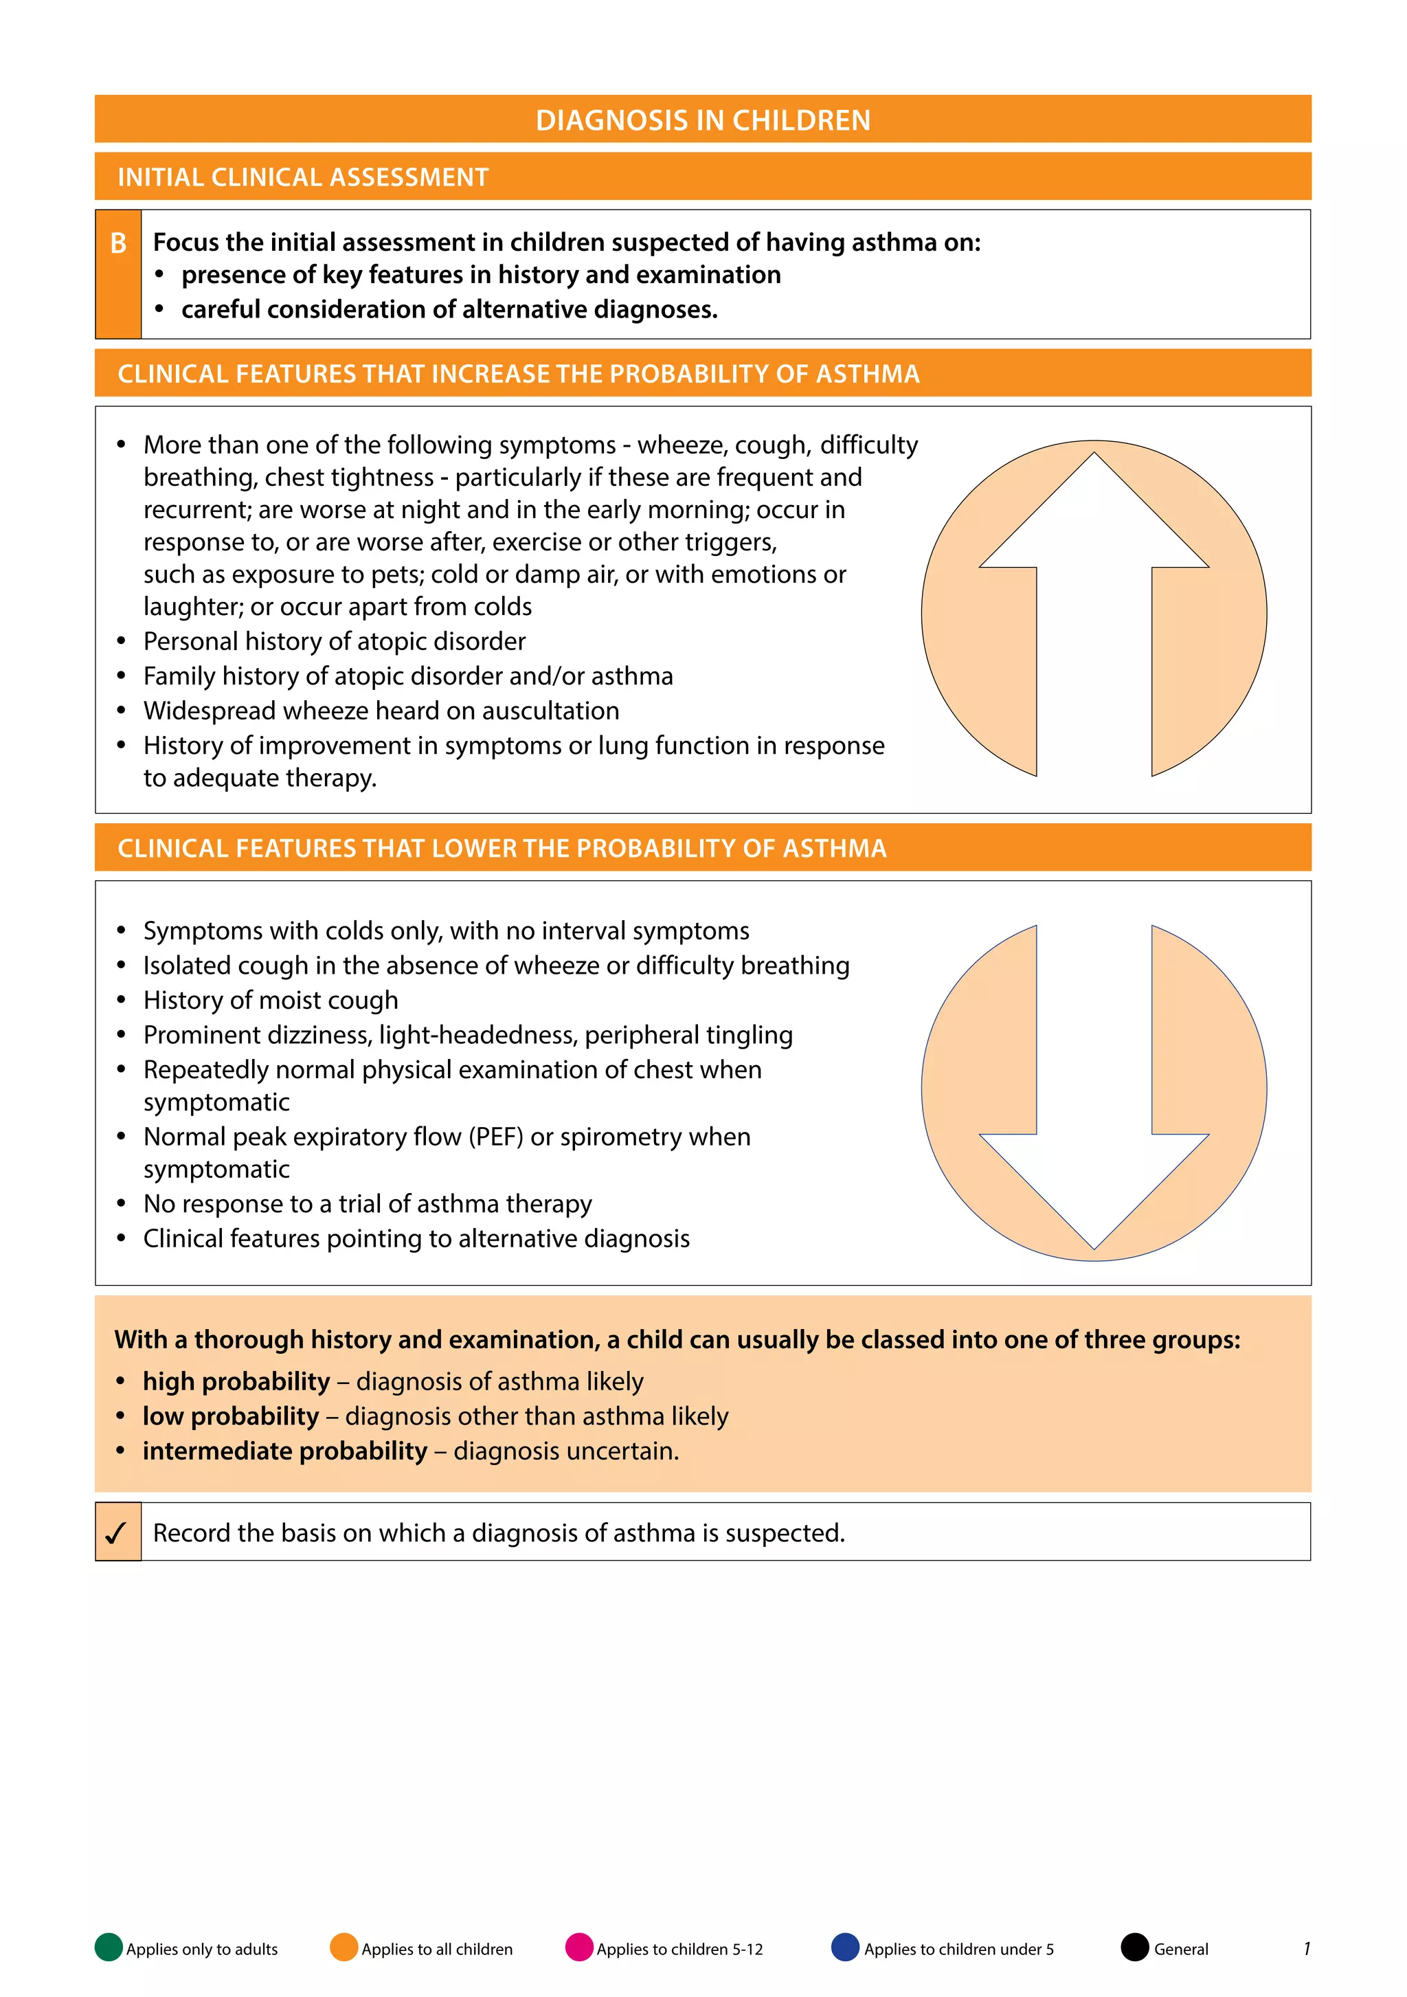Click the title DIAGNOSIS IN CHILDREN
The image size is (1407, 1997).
(703, 120)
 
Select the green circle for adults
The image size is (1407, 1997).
(109, 1948)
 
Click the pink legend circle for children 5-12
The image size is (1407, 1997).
(579, 1948)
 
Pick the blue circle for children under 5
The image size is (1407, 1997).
(845, 1948)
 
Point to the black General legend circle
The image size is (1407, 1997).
(1135, 1948)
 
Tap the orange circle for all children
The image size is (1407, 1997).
(344, 1948)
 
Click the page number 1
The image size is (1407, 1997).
(1306, 1948)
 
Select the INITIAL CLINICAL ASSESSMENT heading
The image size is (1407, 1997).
(302, 177)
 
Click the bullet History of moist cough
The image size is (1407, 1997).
(271, 1001)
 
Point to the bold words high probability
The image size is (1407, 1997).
(236, 1381)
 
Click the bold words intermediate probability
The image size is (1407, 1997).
(285, 1451)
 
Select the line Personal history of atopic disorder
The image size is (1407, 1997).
(334, 641)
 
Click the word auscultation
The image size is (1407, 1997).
(550, 711)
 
